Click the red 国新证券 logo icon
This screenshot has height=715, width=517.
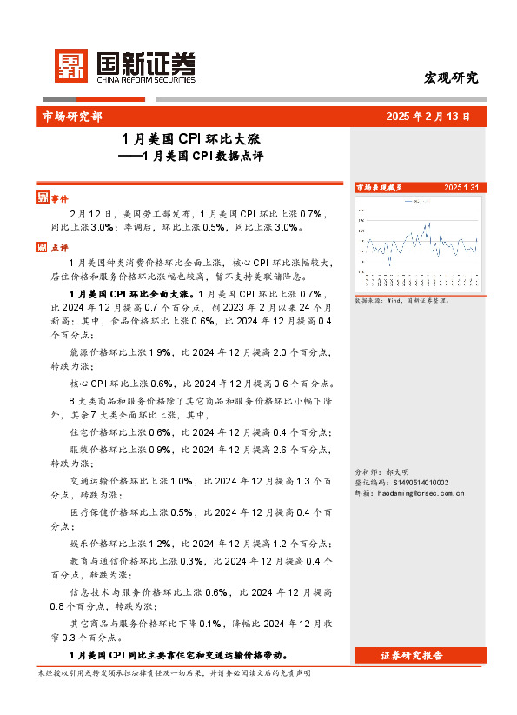click(72, 64)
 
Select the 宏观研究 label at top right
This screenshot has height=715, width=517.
click(450, 77)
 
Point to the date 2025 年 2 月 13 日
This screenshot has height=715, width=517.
click(428, 116)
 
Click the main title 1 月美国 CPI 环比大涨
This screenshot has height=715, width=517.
click(191, 138)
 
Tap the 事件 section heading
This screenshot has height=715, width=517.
click(59, 197)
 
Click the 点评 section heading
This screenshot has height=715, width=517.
click(59, 247)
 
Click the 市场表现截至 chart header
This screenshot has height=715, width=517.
click(381, 187)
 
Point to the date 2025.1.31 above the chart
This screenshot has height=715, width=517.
click(461, 187)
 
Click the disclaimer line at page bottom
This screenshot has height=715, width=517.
click(174, 673)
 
